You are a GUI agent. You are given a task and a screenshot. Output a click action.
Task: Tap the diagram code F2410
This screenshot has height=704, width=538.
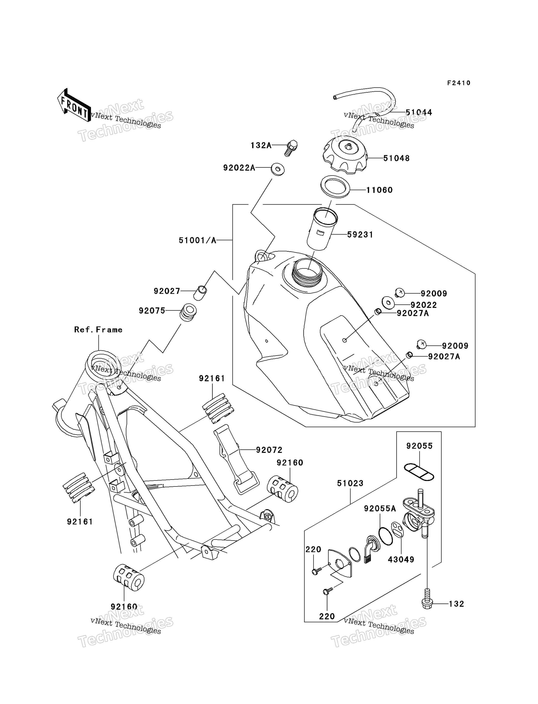click(459, 83)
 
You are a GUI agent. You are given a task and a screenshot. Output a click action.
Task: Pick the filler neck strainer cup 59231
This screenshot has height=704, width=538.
click(322, 228)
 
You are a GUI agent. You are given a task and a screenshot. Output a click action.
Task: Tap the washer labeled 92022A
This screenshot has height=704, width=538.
click(278, 169)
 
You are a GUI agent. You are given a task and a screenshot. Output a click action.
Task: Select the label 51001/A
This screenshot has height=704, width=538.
click(198, 240)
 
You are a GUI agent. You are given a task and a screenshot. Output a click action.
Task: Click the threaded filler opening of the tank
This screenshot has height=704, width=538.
click(307, 273)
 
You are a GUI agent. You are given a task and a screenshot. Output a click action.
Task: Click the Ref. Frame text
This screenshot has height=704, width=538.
click(98, 330)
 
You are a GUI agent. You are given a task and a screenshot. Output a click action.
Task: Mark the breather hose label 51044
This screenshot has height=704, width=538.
click(419, 112)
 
